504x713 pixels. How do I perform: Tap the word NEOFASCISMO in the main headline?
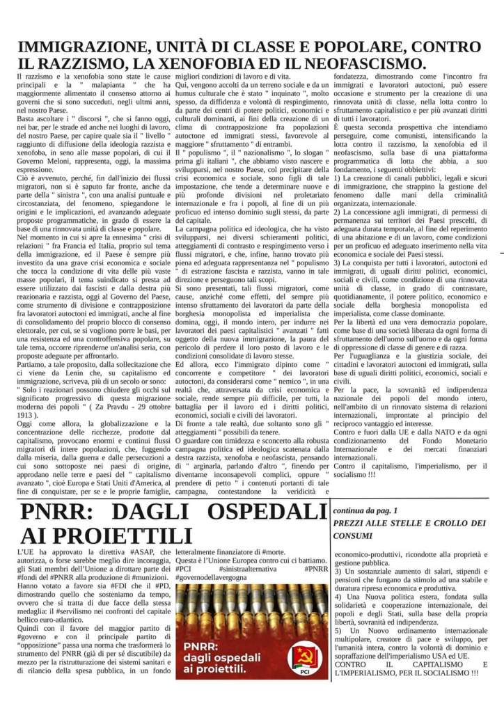(354, 63)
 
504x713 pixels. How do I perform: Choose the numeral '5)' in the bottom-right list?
(339, 629)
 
